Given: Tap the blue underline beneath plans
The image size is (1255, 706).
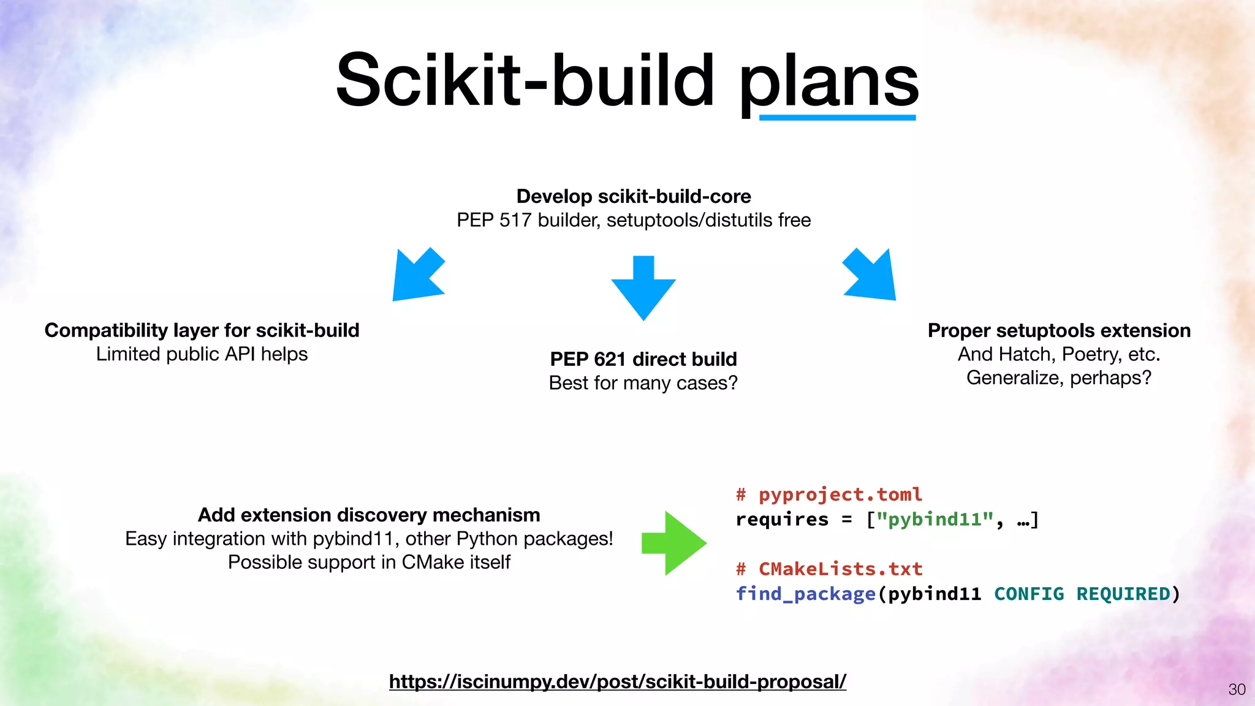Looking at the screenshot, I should [837, 117].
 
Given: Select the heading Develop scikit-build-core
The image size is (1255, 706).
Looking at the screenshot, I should [634, 196].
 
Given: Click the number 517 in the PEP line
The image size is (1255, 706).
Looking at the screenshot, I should [515, 220].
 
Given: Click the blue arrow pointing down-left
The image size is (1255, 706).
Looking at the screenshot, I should [417, 276].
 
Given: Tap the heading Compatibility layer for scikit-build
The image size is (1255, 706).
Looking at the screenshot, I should [202, 330].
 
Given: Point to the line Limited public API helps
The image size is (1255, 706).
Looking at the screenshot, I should [202, 354].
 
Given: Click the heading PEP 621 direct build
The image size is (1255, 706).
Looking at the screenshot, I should [643, 359].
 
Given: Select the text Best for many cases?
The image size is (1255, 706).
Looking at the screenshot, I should [643, 383].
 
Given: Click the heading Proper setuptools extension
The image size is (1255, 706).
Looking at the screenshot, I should [1059, 330].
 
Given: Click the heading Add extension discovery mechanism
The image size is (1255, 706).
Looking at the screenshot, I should [369, 515].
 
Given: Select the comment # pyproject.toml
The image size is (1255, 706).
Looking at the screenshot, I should [828, 495].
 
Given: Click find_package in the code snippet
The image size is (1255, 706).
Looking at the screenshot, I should [805, 594].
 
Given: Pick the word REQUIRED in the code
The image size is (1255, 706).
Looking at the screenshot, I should [1123, 594].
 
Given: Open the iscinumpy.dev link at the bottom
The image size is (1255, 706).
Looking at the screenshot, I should [617, 681].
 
